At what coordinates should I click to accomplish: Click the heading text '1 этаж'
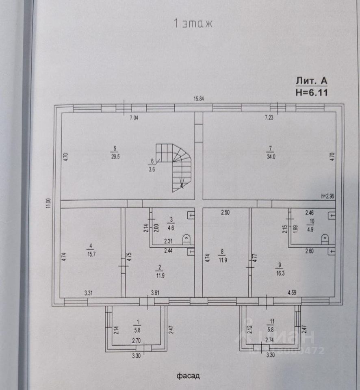pyautogui.click(x=193, y=24)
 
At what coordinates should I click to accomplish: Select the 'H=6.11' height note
pyautogui.click(x=311, y=92)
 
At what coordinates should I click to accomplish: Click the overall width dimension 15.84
pyautogui.click(x=199, y=99)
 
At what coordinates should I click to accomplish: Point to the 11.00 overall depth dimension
pyautogui.click(x=48, y=203)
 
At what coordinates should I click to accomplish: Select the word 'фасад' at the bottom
pyautogui.click(x=188, y=376)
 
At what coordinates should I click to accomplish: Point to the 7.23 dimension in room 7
pyautogui.click(x=269, y=118)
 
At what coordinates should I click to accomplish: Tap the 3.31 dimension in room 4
pyautogui.click(x=89, y=292)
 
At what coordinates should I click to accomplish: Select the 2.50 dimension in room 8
pyautogui.click(x=226, y=212)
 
